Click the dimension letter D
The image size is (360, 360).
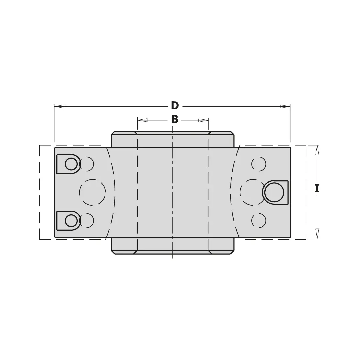pos(175,106)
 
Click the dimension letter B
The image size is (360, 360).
pos(175,119)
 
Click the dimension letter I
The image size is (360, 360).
pos(317,188)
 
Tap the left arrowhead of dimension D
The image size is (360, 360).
pos(59,107)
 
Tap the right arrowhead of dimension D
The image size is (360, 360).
pos(285,106)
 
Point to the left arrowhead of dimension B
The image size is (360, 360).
pos(142,120)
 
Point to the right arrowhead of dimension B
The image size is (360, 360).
pos(203,120)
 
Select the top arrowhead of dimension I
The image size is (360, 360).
pos(317,150)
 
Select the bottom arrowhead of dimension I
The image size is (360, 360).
pos(317,233)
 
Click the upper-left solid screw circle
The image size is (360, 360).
pos(71,164)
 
